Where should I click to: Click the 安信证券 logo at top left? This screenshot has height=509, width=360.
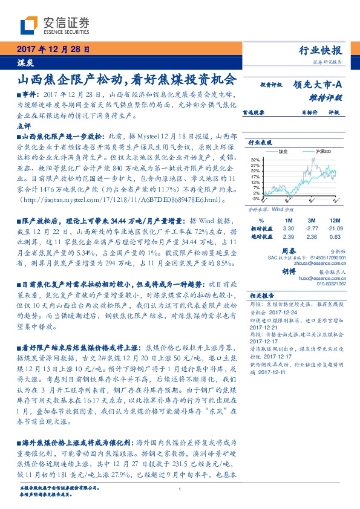[x=54, y=25]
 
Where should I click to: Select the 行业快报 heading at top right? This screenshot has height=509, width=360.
[x=320, y=50]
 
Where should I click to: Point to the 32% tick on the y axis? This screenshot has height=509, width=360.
[x=255, y=160]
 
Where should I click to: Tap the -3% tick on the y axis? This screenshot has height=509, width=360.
[x=256, y=198]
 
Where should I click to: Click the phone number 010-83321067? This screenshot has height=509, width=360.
[x=332, y=283]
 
